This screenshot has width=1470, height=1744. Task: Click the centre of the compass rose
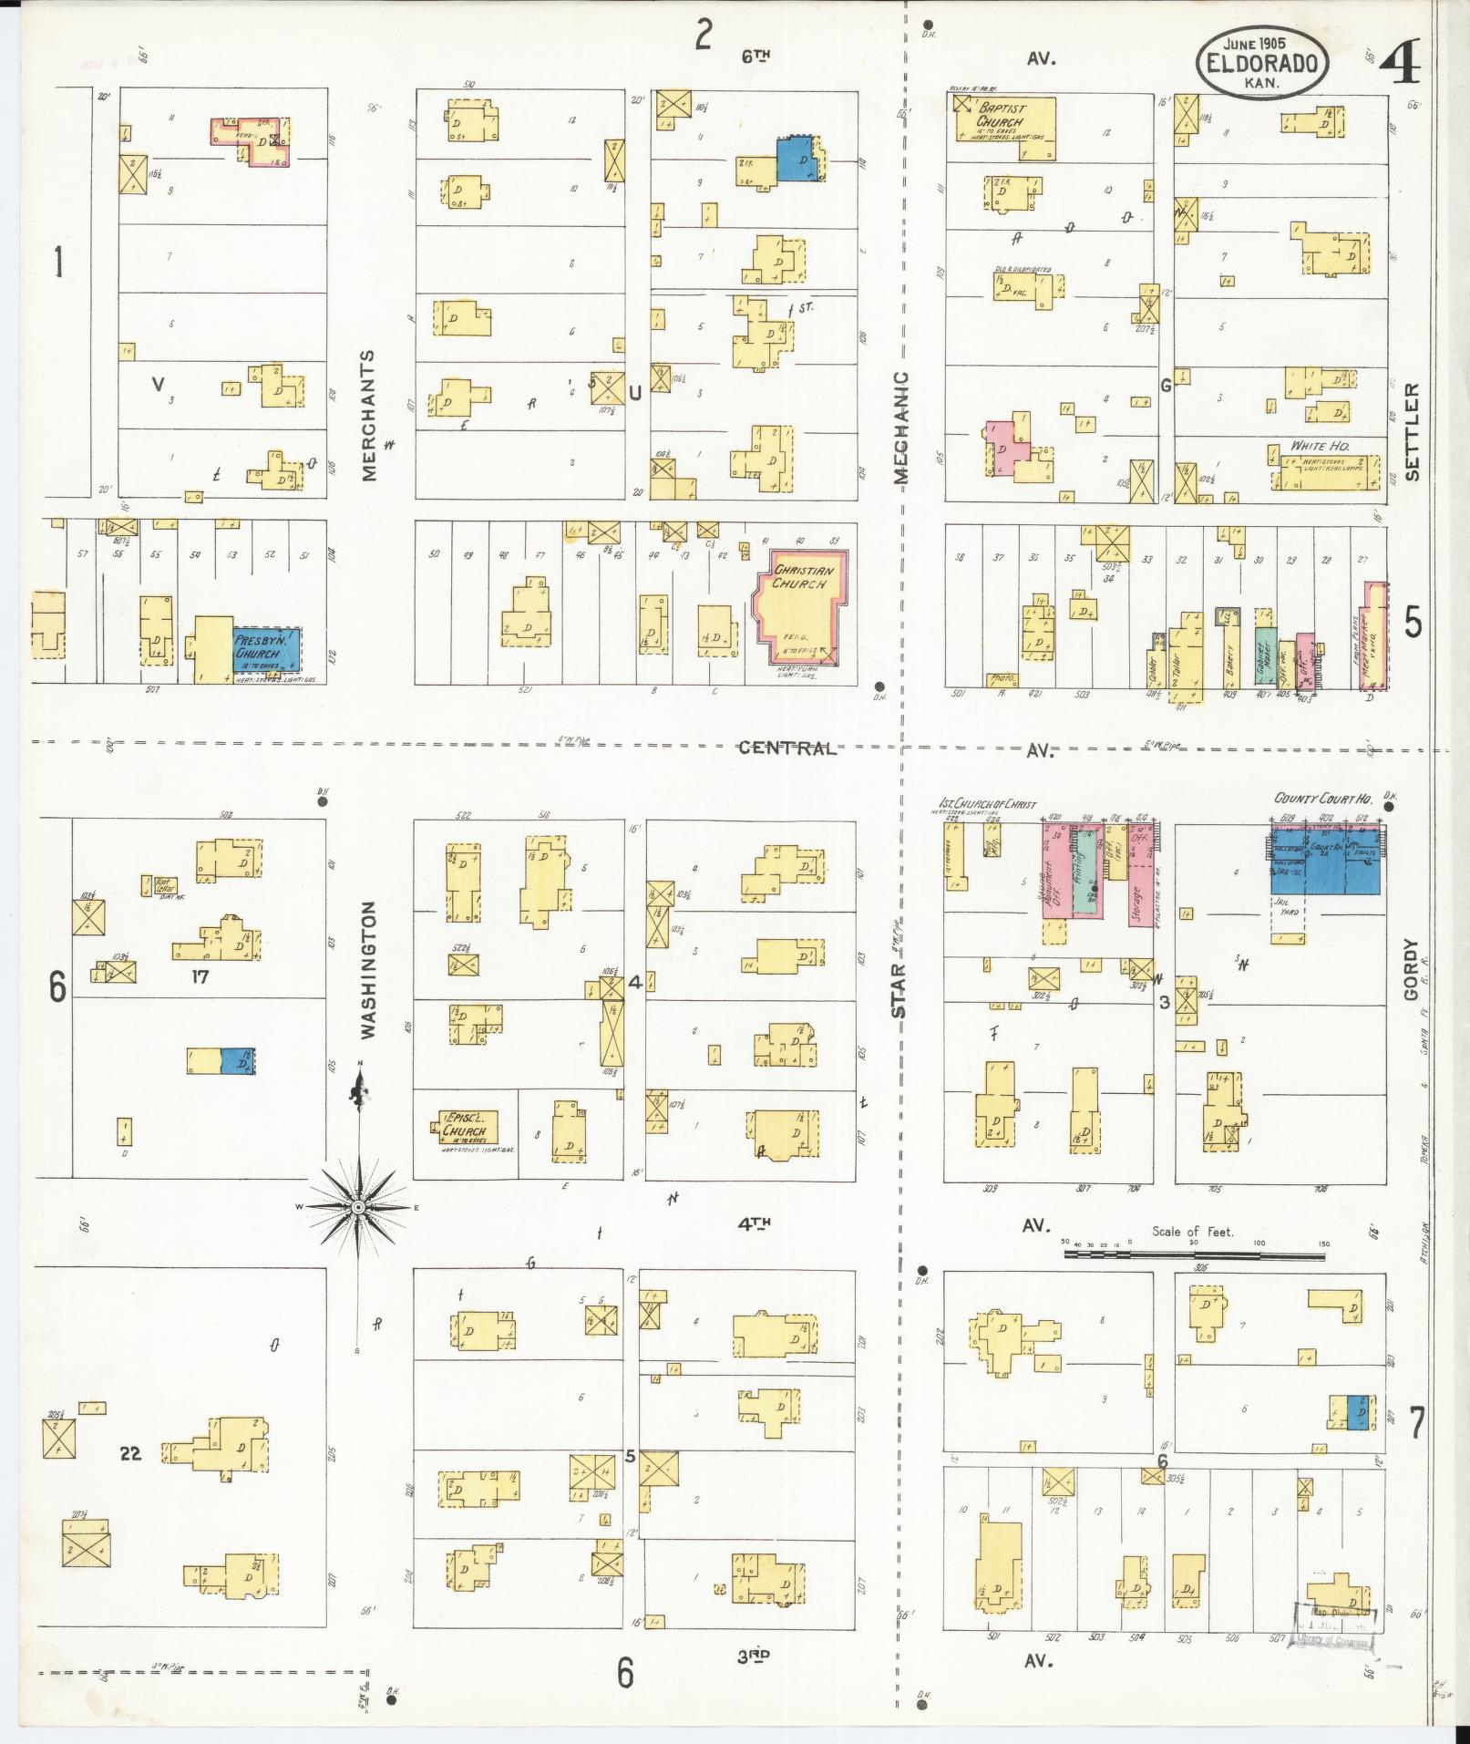point(359,1207)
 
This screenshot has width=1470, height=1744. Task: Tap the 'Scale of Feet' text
point(1192,1232)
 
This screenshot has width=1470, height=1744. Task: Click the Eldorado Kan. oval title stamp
point(1262,62)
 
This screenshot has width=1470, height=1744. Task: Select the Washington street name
point(368,970)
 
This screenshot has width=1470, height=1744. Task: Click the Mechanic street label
point(900,426)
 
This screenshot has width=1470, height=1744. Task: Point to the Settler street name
point(1412,431)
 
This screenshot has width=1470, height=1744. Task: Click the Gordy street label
point(1412,970)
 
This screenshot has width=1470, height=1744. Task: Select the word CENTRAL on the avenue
point(786,748)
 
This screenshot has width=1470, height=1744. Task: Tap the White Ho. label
point(1320,447)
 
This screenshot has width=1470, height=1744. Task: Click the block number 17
point(200,977)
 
